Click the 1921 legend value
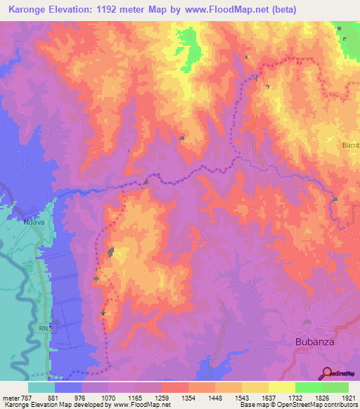pyautogui.click(x=349, y=398)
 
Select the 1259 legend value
pyautogui.click(x=163, y=398)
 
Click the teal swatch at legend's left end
pyautogui.click(x=41, y=387)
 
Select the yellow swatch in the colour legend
pyautogui.click(x=281, y=387)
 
